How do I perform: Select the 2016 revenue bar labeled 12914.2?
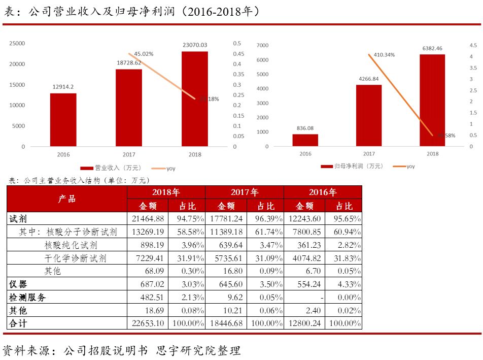(63, 120)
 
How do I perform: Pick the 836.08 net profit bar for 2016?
(305, 140)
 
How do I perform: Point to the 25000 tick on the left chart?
(18, 44)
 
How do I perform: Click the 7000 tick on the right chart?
(262, 46)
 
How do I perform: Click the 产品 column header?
(66, 199)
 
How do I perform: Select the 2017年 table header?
(245, 192)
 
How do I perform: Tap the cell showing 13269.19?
(148, 232)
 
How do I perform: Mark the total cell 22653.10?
(148, 323)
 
